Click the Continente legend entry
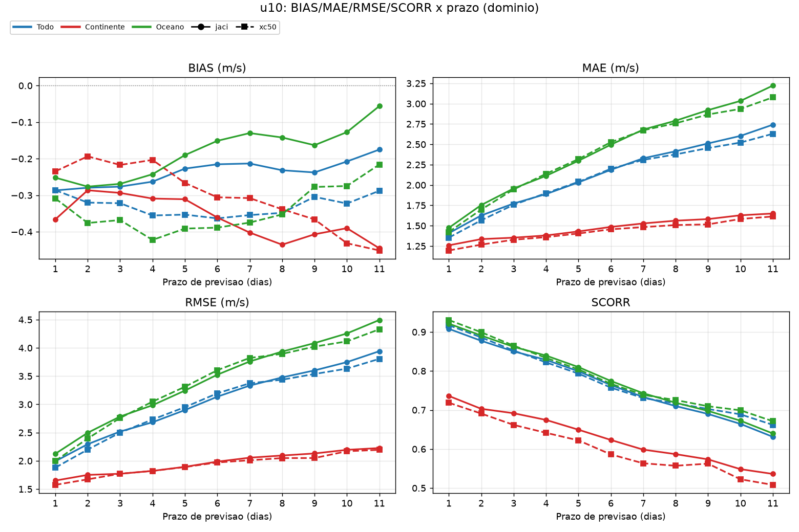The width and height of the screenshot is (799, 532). (x=93, y=27)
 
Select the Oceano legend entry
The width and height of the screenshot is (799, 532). (x=158, y=27)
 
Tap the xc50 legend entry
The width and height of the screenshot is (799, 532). (x=256, y=27)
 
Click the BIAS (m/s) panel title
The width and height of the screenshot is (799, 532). (x=217, y=68)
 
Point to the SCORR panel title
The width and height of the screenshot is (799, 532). (x=611, y=302)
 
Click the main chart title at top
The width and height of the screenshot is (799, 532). (x=399, y=8)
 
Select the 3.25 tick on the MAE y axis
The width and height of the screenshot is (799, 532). (x=416, y=84)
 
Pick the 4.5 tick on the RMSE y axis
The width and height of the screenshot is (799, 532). (x=25, y=320)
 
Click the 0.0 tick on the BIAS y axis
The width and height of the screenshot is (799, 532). (x=25, y=85)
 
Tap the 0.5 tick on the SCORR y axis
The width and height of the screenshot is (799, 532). (x=419, y=488)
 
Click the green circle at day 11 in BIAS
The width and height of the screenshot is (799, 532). (x=380, y=106)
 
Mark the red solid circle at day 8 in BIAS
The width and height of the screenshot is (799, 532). (x=282, y=245)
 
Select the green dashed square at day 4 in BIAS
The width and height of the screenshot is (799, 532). (x=153, y=240)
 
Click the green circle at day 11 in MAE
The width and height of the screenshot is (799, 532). (x=773, y=85)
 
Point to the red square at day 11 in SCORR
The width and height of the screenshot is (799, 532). (x=773, y=485)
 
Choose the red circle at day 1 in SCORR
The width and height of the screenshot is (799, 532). (x=449, y=396)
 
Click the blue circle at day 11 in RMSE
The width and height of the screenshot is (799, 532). (x=380, y=352)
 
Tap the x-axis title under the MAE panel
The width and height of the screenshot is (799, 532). (x=611, y=282)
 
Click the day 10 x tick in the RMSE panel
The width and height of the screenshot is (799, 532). (x=347, y=503)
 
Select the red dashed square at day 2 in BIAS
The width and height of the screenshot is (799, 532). (x=88, y=157)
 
